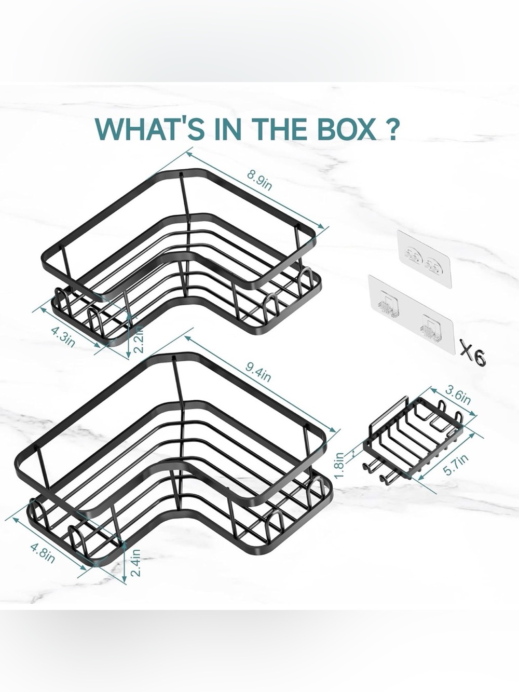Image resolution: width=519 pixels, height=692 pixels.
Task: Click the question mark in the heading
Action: pyautogui.click(x=389, y=129)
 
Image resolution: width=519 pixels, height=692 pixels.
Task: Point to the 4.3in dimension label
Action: pyautogui.click(x=63, y=337)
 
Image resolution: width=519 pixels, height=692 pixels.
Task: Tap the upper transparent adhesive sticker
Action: pyautogui.click(x=424, y=259)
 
